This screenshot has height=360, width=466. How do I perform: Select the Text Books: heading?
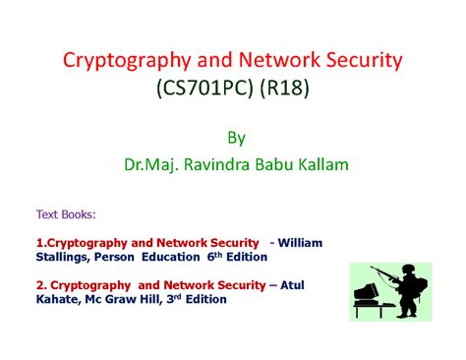(x=67, y=214)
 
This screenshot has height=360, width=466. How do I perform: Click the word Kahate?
(x=60, y=298)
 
